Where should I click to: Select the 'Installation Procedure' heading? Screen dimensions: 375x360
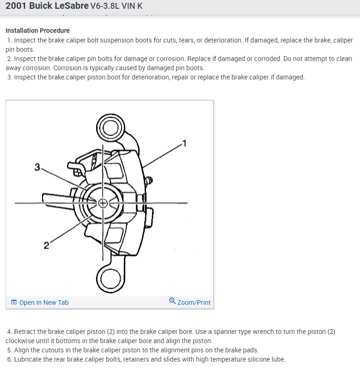point(37,30)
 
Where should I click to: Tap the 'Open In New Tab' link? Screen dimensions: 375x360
point(43,302)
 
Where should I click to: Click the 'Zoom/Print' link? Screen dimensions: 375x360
point(194,302)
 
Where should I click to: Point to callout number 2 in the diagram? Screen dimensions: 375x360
point(46,245)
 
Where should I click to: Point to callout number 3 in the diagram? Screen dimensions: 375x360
point(37,167)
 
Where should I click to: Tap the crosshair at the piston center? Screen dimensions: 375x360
point(103,203)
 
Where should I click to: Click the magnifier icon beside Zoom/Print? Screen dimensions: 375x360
point(172,301)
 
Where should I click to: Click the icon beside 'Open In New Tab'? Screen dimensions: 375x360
point(14,302)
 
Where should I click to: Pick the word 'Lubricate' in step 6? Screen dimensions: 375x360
point(29,359)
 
